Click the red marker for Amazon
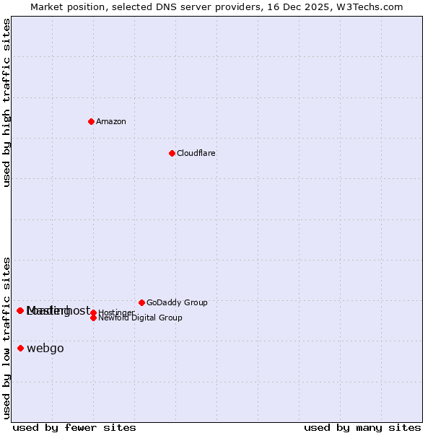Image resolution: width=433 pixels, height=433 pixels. pos(91,121)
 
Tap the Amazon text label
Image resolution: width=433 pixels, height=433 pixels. pos(111,121)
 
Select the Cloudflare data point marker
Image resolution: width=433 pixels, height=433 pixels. pos(172,153)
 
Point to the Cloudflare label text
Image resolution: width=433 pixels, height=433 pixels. pos(196,153)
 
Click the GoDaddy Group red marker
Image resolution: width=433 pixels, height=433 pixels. pos(141,302)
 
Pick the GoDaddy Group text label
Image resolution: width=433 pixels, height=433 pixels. pos(177,302)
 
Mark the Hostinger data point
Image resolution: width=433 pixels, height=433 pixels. pos(93,312)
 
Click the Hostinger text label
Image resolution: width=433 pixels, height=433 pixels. pos(116,312)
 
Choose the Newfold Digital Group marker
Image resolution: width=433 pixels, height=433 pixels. pos(93,318)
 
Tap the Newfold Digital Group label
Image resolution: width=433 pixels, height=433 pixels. pos(141,318)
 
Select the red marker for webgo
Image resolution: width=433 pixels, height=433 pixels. pos(20,349)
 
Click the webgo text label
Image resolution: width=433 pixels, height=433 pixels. pos(45,349)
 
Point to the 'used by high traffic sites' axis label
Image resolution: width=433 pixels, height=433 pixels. pos(6,102)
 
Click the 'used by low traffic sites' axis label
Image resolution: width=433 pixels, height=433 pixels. pos(6,337)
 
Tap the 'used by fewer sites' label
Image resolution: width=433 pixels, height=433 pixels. pos(74,427)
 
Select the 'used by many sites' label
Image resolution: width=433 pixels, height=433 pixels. pos(362,427)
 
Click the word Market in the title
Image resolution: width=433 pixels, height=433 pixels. pos(47,6)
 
